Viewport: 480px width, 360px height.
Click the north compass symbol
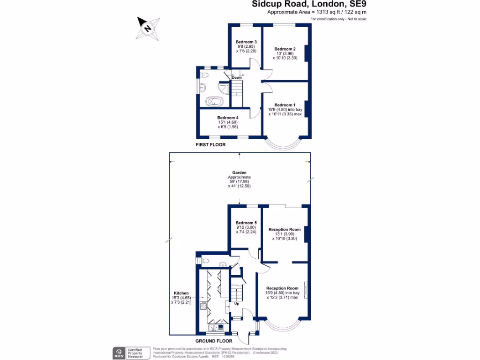click(149, 28)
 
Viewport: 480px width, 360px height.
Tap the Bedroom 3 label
click(246, 42)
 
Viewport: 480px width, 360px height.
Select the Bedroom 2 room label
click(285, 49)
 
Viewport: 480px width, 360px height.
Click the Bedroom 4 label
click(228, 118)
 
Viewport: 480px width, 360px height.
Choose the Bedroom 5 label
click(246, 223)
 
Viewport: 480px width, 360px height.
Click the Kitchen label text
click(180, 293)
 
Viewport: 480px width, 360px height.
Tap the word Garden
click(239, 172)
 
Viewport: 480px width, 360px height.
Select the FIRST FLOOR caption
click(210, 145)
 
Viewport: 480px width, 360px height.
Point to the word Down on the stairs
click(237, 77)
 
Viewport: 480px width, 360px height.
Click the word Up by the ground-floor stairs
click(236, 303)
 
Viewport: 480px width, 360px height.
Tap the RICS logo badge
click(117, 352)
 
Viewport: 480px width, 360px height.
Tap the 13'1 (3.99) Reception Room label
click(285, 230)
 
